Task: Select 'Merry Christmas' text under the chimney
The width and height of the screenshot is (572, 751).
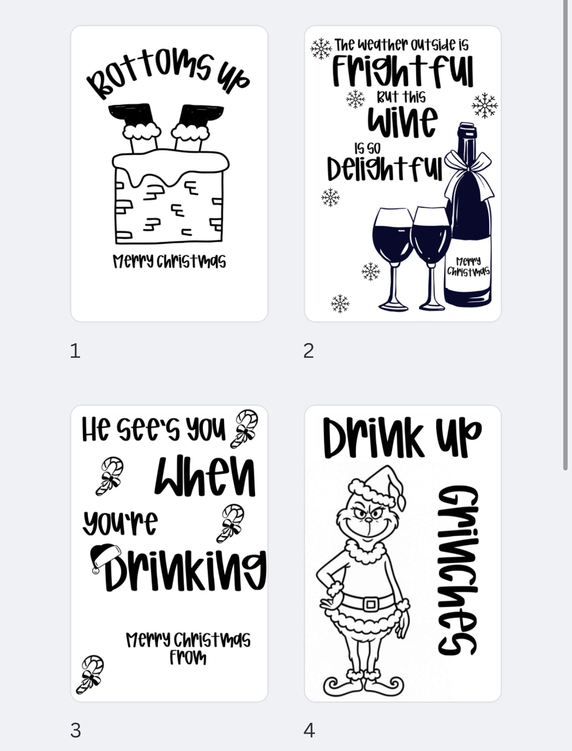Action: pos(169,261)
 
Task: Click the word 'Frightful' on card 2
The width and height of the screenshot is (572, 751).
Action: pos(402,71)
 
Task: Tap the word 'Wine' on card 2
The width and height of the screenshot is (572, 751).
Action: pos(402,121)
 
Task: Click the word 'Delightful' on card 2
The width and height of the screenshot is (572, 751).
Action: pos(384,168)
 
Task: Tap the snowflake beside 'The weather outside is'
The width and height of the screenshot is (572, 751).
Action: pos(321,48)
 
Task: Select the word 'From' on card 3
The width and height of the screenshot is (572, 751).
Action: pos(188,658)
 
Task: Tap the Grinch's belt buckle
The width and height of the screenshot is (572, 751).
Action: pos(371,604)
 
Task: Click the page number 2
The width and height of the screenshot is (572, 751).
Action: pos(309,350)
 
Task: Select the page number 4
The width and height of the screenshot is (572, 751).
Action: pos(309,730)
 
